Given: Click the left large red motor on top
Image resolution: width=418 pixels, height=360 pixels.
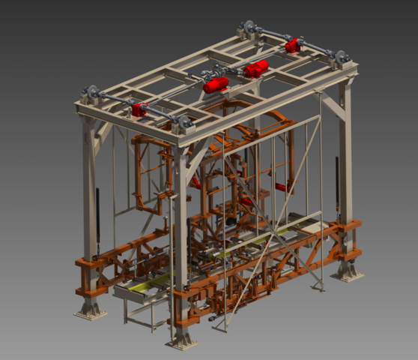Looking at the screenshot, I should [216, 85].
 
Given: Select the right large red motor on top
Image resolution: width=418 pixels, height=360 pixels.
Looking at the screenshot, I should [256, 69].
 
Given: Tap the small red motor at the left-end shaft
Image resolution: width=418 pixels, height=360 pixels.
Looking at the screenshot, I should [139, 110].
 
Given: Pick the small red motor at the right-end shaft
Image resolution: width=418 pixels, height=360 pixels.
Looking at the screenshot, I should [291, 46].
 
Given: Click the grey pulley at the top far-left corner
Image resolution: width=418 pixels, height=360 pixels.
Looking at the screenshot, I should [93, 93].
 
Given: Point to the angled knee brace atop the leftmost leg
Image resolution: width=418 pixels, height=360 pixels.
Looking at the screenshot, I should [103, 135].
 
